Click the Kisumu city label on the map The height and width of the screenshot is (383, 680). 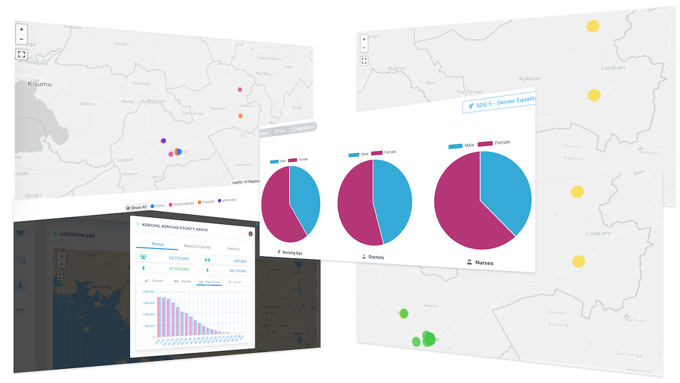(x=40, y=84)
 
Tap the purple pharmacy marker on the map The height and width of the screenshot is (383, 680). (x=164, y=141)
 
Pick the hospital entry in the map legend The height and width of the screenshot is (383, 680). (x=206, y=202)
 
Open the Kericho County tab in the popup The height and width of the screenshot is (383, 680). (x=197, y=247)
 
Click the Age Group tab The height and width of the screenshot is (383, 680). (x=209, y=281)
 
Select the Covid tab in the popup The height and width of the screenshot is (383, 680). (x=234, y=282)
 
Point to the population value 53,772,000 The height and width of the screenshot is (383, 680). (x=178, y=258)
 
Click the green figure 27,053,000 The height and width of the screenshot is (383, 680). (x=178, y=269)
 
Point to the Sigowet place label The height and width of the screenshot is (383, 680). (x=125, y=159)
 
